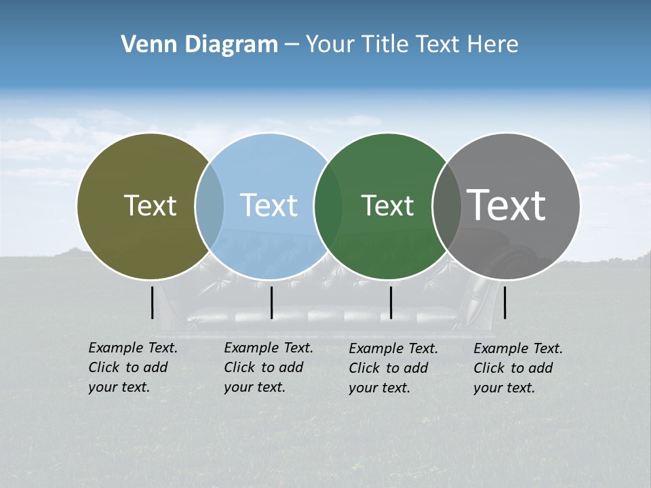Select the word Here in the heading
[x=494, y=45]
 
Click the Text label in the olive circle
[x=150, y=205]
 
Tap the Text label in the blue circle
[x=269, y=205]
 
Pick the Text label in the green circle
[x=387, y=205]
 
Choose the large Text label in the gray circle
[x=507, y=205]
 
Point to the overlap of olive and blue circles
[x=210, y=206]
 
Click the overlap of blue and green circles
[x=328, y=206]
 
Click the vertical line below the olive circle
[x=153, y=302]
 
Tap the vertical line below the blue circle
[x=271, y=302]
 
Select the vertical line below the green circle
[x=391, y=302]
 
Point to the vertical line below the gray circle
[x=505, y=302]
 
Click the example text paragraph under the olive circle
[x=133, y=367]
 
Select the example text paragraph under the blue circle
[x=269, y=367]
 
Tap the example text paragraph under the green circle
[x=393, y=368]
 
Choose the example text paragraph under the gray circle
[x=518, y=368]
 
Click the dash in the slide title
[x=292, y=45]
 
